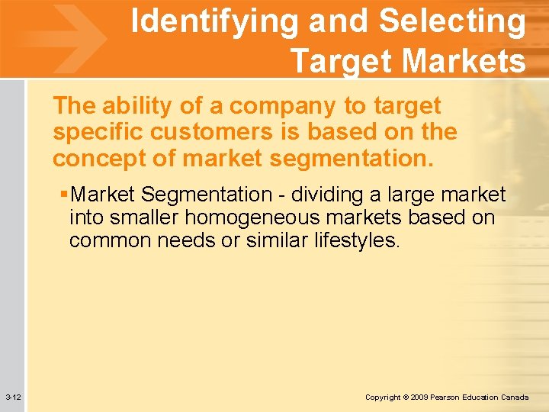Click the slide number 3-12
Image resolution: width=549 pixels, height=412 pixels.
pos(13,398)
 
